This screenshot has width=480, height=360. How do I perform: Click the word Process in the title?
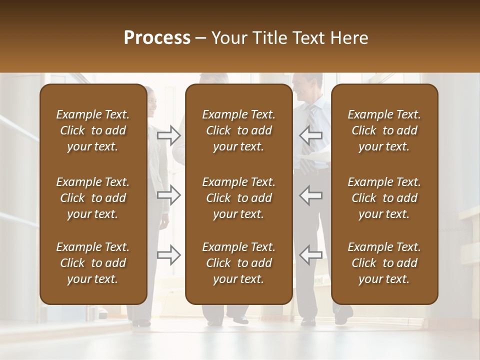tap(157, 38)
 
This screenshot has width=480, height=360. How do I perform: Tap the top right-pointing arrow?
tap(168, 135)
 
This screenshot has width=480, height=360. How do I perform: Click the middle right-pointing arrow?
tap(168, 195)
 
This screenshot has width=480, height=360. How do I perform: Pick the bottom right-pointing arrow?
tap(168, 254)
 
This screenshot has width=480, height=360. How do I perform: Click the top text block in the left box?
tap(93, 130)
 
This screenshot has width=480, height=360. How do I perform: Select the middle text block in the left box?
tap(93, 198)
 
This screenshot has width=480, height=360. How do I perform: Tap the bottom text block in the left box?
tap(93, 263)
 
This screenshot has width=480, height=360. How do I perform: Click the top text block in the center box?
tap(238, 130)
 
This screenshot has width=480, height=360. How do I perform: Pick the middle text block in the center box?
tap(238, 198)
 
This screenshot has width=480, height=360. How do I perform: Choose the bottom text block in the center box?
tap(238, 263)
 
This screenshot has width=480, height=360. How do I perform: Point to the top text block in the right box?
tap(384, 130)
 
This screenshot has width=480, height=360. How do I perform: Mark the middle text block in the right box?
tap(384, 198)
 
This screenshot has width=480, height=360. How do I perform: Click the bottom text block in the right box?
tap(384, 263)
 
